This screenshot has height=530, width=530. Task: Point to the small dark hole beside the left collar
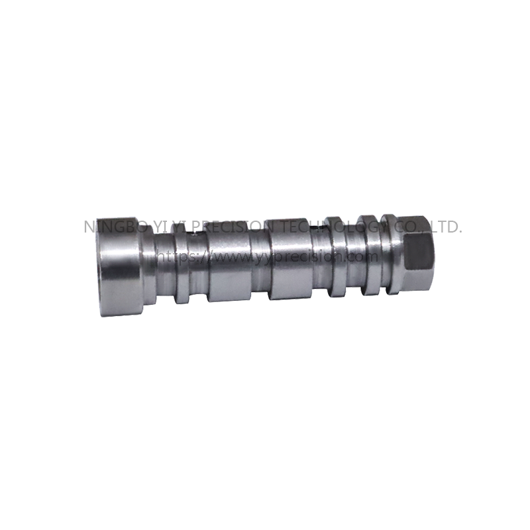193,233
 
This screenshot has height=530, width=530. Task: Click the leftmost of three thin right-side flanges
333,256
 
